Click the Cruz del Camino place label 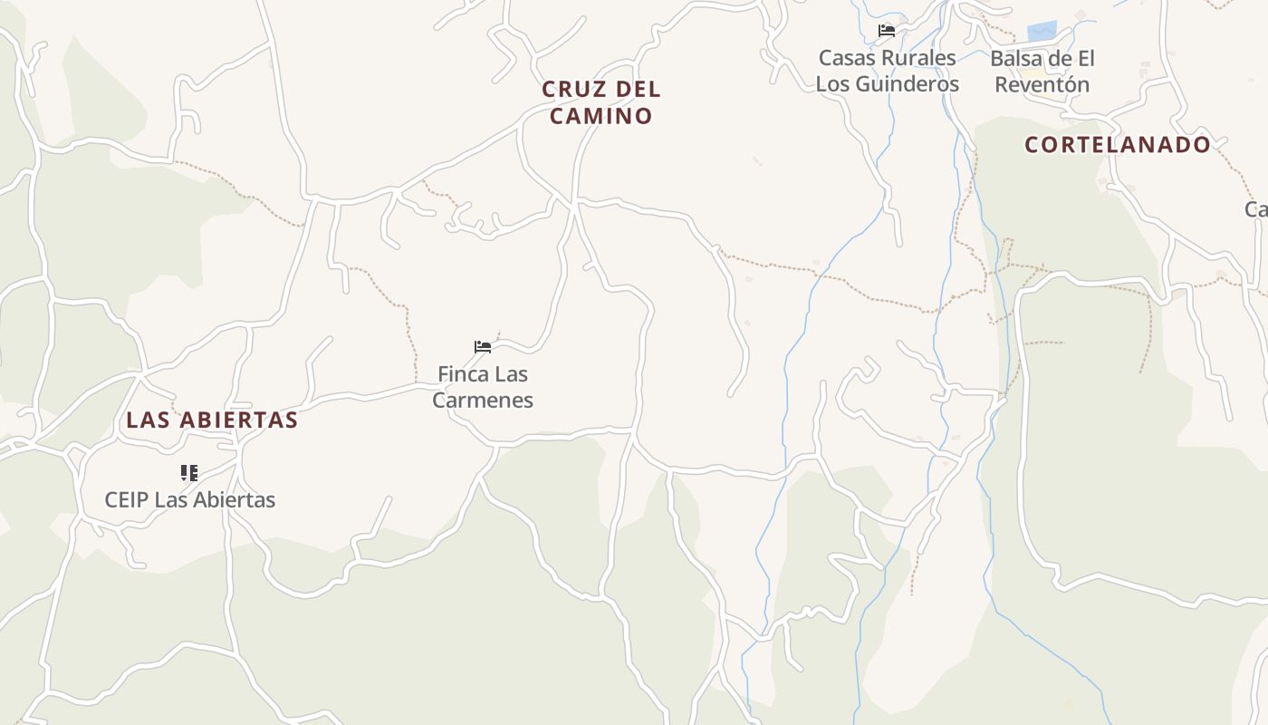(x=601, y=102)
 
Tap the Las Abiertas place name (x=212, y=420)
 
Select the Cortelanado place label (x=1118, y=144)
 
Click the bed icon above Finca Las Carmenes (x=483, y=347)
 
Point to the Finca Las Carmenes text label (x=483, y=387)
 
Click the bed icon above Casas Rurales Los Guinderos (x=887, y=31)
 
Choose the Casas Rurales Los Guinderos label (x=888, y=71)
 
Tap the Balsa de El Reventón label (x=1042, y=72)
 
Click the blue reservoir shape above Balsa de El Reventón (x=1042, y=31)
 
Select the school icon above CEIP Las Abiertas (x=188, y=472)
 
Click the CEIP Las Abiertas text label (x=190, y=499)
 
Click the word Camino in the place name (x=601, y=116)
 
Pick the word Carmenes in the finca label (x=483, y=400)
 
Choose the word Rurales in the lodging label (x=921, y=58)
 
